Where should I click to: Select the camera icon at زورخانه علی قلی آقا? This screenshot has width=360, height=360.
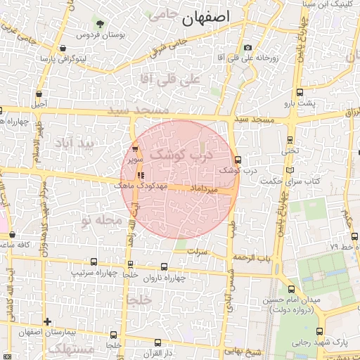tap(247, 48)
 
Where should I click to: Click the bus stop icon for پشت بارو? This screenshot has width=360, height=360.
tap(300, 93)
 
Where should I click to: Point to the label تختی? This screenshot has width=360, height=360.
tap(290, 150)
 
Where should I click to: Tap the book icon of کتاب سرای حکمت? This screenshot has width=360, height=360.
tap(290, 171)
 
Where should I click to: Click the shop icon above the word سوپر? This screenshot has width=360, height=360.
tap(135, 149)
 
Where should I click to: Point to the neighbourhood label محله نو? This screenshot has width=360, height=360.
tap(97, 221)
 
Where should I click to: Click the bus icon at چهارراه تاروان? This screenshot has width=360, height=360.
tap(165, 267)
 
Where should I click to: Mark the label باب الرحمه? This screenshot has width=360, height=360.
tap(254, 257)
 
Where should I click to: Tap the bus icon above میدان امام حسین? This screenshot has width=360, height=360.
tap(292, 289)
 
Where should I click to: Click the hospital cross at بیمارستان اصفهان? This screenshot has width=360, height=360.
tap(47, 322)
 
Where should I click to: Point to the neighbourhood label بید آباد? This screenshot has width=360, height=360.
tap(75, 143)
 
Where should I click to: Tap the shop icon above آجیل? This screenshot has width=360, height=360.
tap(38, 93)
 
